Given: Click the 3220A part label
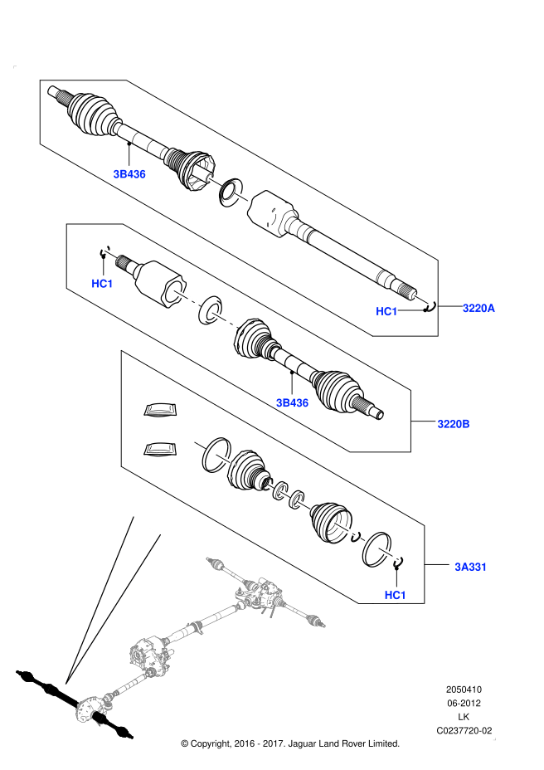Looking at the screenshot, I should [478, 308].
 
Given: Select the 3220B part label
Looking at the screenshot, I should [454, 424].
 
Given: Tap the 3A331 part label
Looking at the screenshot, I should [470, 568].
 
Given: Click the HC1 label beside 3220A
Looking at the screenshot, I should [386, 311].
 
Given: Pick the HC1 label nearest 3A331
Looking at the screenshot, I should [395, 595].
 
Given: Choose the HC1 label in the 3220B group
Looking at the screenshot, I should [102, 284].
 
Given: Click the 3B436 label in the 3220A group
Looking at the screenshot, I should [129, 174].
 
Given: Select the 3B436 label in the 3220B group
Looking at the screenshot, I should [292, 403].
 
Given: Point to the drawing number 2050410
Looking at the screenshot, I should [464, 690].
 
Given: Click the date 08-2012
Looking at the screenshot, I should [464, 704].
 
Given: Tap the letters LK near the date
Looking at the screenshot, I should [464, 717].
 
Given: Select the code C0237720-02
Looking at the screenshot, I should [464, 731].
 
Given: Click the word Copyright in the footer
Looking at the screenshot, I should [217, 743].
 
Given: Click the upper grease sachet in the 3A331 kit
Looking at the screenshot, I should [160, 411].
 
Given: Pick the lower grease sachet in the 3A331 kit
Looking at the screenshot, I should [160, 449].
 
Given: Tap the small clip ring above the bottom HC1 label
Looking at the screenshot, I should [397, 563].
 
